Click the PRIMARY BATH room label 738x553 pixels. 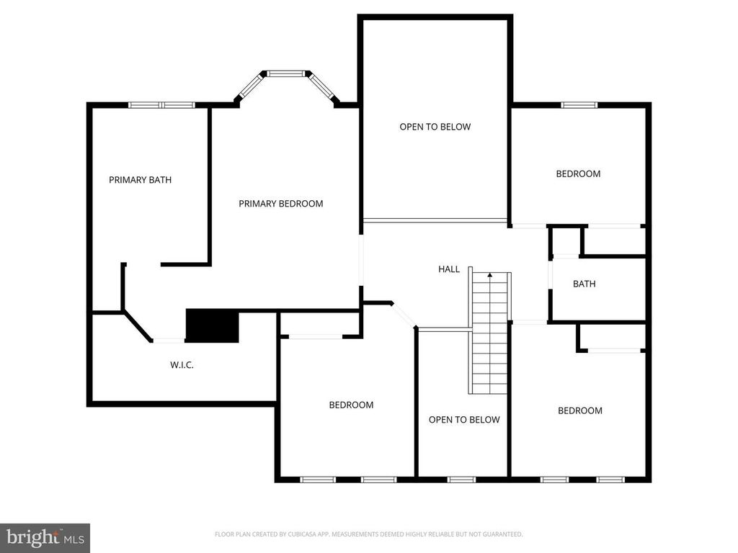141,179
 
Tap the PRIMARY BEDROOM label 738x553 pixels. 281,204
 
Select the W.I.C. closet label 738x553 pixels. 182,365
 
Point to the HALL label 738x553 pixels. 449,269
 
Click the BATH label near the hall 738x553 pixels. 584,284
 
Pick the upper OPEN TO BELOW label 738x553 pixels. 435,127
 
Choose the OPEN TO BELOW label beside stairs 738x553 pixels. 464,420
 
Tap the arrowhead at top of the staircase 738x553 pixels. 490,274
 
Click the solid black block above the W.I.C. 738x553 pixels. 213,325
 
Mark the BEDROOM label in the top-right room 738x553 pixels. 578,174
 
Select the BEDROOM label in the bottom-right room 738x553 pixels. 580,410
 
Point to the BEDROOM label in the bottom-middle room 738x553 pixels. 351,405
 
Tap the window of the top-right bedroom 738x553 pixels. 579,105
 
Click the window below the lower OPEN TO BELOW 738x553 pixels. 461,480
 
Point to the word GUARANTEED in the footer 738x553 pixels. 504,534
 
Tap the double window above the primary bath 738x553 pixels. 162,105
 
